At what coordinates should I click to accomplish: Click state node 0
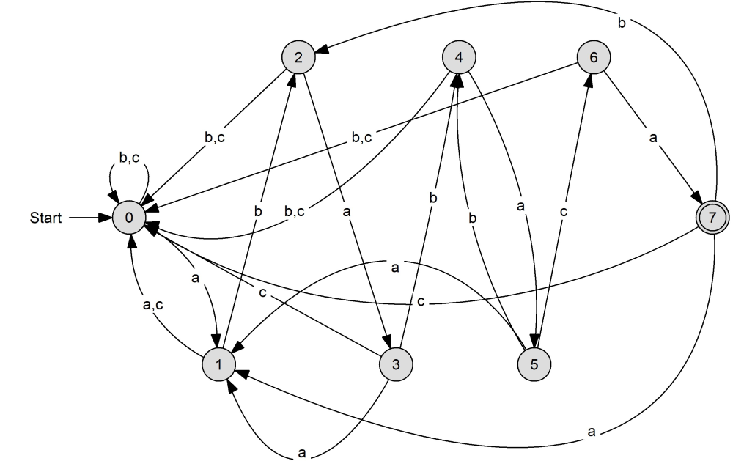[x=129, y=218]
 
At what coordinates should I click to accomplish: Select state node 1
[x=218, y=364]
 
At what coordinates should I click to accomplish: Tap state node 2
[x=298, y=57]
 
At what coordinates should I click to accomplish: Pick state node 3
[x=396, y=364]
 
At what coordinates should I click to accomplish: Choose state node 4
[x=459, y=57]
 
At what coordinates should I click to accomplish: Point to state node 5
[x=534, y=364]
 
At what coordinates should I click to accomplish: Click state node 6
[x=594, y=57]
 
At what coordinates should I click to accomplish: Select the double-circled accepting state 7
[x=712, y=218]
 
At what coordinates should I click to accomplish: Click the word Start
[x=45, y=218]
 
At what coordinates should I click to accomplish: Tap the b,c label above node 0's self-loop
[x=129, y=158]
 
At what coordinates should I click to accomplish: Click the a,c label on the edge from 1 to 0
[x=153, y=305]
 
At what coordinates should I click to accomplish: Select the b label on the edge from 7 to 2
[x=622, y=23]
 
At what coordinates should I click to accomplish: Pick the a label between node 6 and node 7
[x=653, y=138]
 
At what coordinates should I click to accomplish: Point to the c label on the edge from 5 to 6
[x=564, y=212]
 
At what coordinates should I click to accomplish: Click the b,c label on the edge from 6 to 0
[x=362, y=137]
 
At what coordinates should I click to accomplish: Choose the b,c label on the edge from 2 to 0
[x=215, y=137]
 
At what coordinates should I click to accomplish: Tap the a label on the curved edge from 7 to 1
[x=592, y=432]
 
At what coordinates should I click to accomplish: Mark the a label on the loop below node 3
[x=302, y=453]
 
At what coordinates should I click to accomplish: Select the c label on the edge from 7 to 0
[x=421, y=302]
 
